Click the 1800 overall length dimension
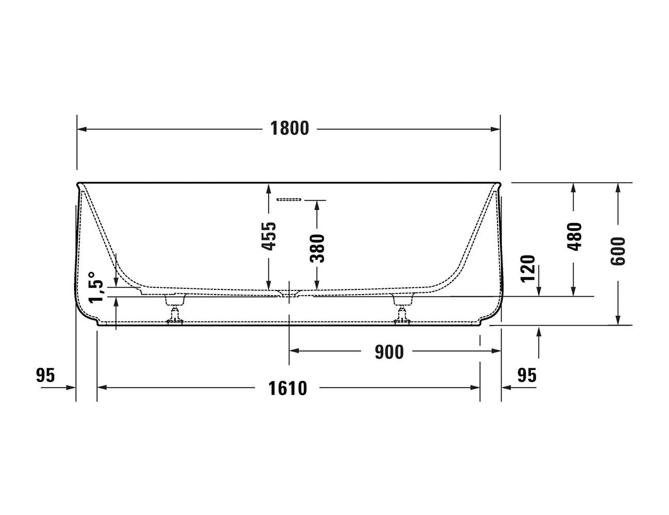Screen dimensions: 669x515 289,128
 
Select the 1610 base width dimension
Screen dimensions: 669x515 288,388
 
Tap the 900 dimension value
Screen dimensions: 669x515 389,352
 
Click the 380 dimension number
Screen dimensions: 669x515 317,248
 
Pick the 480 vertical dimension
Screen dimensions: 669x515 574,237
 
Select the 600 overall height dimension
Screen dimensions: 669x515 618,251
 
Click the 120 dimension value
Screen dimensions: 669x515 527,269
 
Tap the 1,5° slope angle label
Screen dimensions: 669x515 95,287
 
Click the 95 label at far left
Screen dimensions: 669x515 45,375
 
